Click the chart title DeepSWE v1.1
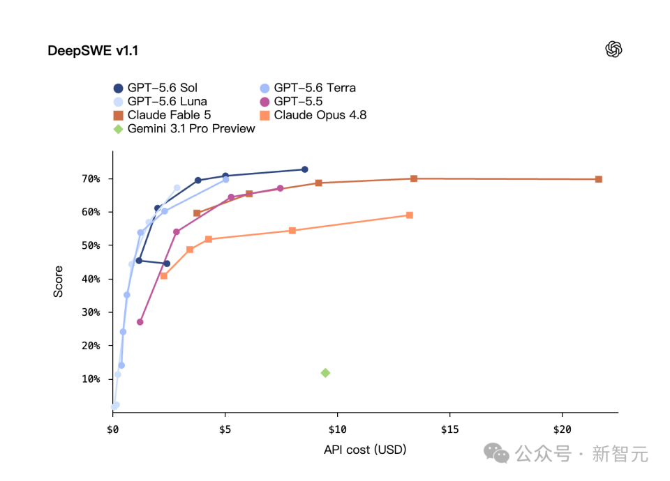[x=93, y=51]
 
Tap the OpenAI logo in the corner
[x=613, y=49]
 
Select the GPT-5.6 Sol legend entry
[x=156, y=88]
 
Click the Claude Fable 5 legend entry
[x=163, y=115]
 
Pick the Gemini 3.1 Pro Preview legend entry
[x=184, y=129]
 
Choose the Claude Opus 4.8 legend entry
[x=313, y=115]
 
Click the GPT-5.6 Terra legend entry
[x=308, y=88]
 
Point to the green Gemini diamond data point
[x=325, y=373]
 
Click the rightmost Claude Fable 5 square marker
[x=599, y=179]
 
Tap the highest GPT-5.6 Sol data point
[x=305, y=169]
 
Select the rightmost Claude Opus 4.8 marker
[x=410, y=215]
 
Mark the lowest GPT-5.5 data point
[x=140, y=322]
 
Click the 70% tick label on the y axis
[x=91, y=179]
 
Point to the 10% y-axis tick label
[x=91, y=379]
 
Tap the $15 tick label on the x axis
[x=450, y=429]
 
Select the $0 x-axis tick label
[x=113, y=429]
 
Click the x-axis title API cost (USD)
[x=365, y=450]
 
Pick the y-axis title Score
[x=58, y=282]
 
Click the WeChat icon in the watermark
[x=496, y=453]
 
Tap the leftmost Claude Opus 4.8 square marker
[x=163, y=276]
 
